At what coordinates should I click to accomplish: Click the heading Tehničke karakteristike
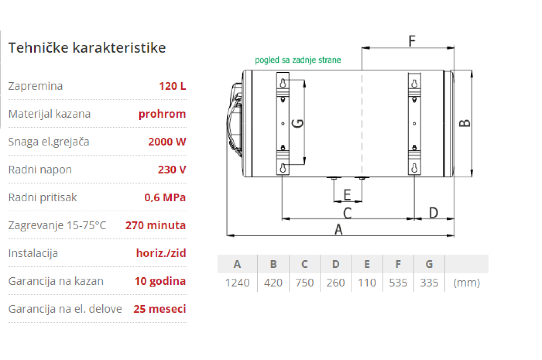click(x=87, y=48)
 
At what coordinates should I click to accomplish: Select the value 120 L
click(x=172, y=86)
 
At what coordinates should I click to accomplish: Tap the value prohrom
click(x=162, y=114)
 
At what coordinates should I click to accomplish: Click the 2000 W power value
click(x=167, y=141)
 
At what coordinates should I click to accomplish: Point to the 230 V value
click(x=171, y=170)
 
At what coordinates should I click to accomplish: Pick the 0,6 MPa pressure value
click(x=165, y=197)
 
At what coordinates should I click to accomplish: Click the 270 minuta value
click(x=155, y=225)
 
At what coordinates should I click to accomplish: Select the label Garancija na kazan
click(x=56, y=281)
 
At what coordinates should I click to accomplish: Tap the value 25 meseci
click(x=160, y=309)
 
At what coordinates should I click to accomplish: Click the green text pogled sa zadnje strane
click(x=297, y=60)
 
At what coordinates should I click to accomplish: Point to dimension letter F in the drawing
click(x=412, y=41)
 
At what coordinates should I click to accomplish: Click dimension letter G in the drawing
click(x=298, y=123)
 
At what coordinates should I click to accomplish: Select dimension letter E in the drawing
click(x=347, y=195)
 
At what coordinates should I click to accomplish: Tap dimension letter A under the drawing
click(x=338, y=229)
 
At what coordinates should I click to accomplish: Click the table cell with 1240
click(x=237, y=283)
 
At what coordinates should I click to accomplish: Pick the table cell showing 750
click(x=304, y=283)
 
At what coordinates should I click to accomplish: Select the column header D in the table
click(x=336, y=264)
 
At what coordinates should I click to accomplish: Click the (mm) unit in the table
click(x=466, y=283)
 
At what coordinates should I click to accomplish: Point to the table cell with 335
click(x=429, y=283)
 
